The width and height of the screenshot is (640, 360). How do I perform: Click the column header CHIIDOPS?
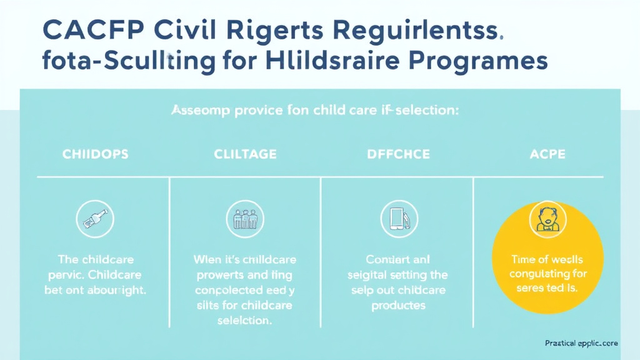96,154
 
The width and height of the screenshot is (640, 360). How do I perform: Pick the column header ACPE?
547,154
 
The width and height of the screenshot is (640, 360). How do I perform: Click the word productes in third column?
398,306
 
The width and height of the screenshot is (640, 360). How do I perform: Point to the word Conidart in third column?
379,259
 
